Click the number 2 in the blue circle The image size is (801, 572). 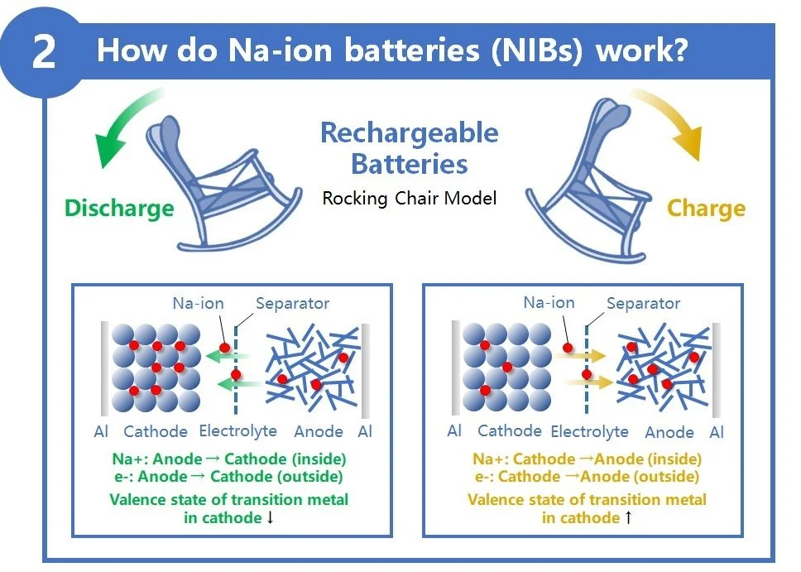pos(44,51)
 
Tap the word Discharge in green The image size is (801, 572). pos(119,207)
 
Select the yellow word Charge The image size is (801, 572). pos(706,208)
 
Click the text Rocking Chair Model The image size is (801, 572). pos(410,199)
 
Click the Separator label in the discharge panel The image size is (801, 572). pos(292,304)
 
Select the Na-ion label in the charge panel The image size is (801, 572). pos(549,303)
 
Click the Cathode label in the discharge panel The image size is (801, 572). pos(156,430)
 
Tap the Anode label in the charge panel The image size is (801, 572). pos(669,431)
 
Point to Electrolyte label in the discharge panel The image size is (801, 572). pos(238,430)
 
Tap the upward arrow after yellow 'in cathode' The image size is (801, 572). pos(627,518)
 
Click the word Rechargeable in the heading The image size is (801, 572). pos(409,132)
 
